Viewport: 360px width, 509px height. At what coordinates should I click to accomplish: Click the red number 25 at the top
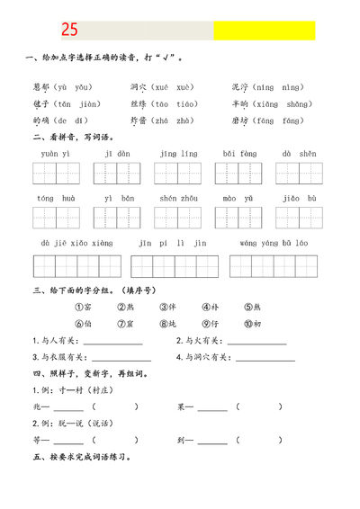coord(69,31)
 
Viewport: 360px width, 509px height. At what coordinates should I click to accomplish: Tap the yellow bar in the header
coord(264,31)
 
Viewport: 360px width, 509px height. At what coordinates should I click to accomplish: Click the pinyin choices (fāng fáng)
coord(280,121)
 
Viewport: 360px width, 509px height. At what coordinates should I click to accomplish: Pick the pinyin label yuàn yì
coord(56,154)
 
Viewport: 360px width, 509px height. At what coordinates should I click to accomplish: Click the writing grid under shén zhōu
coord(178,219)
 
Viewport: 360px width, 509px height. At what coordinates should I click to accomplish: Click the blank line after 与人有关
coord(112,343)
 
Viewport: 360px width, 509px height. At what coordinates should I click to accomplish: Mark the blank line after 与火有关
coord(256,343)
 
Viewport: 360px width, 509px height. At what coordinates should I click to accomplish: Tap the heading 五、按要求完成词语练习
coord(82,457)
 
